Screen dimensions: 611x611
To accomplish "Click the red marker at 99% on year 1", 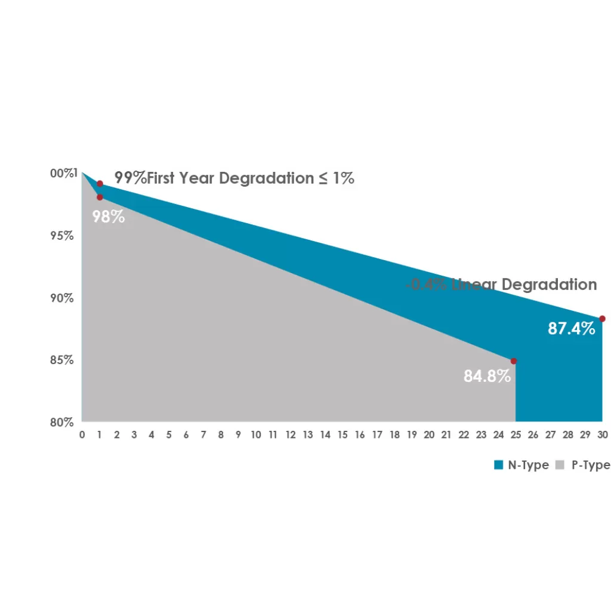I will tap(100, 184).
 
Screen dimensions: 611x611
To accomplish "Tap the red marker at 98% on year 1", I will tap(100, 197).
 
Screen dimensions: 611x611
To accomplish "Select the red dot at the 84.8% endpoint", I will tap(514, 361).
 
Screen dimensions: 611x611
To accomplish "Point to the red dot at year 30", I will tap(602, 319).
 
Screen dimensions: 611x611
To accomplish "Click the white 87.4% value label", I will tap(572, 328).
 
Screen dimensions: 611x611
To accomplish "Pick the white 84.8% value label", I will tap(487, 377).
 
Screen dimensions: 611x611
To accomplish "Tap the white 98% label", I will tap(109, 217).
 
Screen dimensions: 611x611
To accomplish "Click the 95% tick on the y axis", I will tap(62, 236).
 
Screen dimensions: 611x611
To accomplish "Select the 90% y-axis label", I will tap(62, 298).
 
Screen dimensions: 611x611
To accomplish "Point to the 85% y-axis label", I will tap(62, 360).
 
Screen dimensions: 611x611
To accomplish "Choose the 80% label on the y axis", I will tap(62, 422).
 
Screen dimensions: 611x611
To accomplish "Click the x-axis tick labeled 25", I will tap(516, 436).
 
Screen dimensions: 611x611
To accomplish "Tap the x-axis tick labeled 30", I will tap(603, 436).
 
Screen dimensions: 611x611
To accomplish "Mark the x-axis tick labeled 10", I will tap(256, 436).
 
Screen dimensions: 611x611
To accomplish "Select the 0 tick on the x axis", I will tap(82, 436).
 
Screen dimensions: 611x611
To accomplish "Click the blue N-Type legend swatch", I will tap(499, 465).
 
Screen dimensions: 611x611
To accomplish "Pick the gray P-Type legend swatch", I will tap(560, 465).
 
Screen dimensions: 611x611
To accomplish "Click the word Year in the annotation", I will tap(198, 178).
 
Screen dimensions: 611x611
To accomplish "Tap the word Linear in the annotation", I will tap(474, 285).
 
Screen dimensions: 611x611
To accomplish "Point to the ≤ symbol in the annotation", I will tap(322, 178).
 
